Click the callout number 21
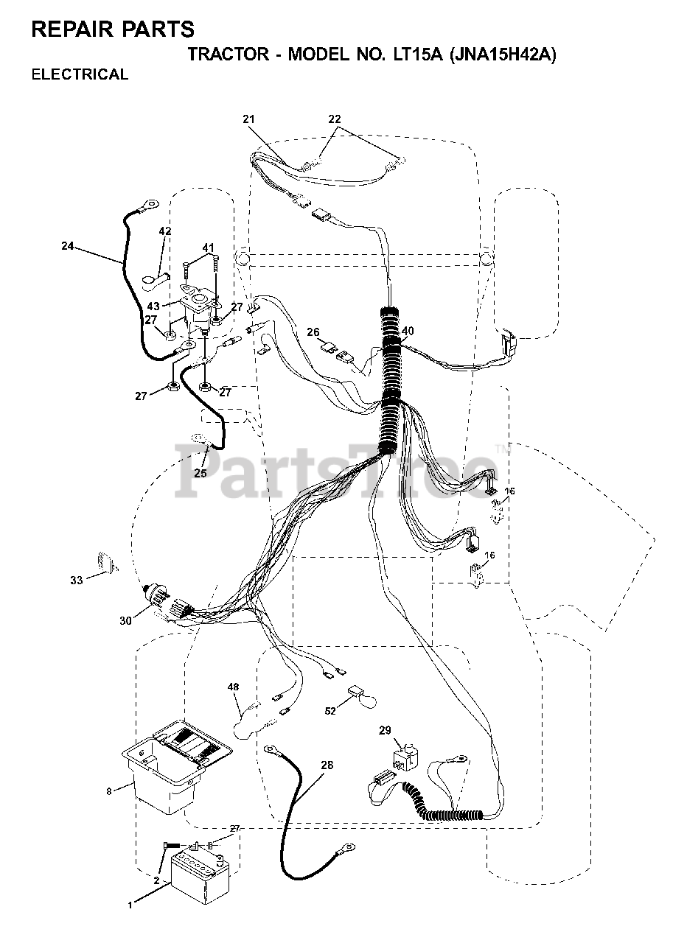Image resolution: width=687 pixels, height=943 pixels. [x=248, y=119]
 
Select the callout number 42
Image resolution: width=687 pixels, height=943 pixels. [x=165, y=231]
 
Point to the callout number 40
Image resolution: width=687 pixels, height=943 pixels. [x=408, y=331]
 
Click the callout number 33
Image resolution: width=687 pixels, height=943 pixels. [x=77, y=581]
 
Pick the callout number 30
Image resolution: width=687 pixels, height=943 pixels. [x=125, y=620]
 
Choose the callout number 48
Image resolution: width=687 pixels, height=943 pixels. [x=233, y=687]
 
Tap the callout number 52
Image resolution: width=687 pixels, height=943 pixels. [x=330, y=710]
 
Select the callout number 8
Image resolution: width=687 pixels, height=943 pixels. [x=109, y=791]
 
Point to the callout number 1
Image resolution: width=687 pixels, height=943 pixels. [x=130, y=904]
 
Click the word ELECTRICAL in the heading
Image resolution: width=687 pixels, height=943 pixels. [x=80, y=74]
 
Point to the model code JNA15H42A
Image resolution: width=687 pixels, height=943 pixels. [x=501, y=55]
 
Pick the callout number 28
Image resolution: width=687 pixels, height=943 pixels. [x=327, y=765]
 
